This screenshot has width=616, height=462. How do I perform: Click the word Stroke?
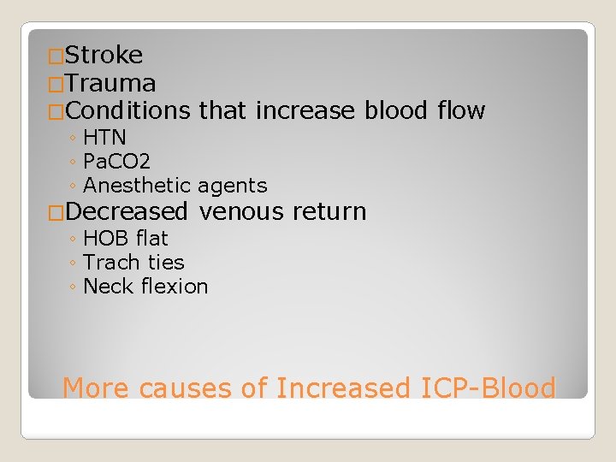pyautogui.click(x=104, y=56)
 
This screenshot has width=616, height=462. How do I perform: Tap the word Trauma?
pyautogui.click(x=110, y=84)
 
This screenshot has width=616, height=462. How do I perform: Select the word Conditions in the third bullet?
pyautogui.click(x=127, y=111)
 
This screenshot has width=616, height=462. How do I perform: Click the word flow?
pyautogui.click(x=461, y=111)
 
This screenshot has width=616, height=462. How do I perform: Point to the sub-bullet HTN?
pyautogui.click(x=104, y=137)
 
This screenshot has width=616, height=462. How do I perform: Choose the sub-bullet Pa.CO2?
pyautogui.click(x=117, y=161)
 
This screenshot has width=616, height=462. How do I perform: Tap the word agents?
pyautogui.click(x=233, y=185)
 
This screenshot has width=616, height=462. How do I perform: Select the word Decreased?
pyautogui.click(x=126, y=211)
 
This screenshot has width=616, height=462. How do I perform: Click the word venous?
pyautogui.click(x=241, y=211)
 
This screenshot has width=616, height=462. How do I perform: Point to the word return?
pyautogui.click(x=329, y=211)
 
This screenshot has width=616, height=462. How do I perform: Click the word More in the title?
pyautogui.click(x=96, y=388)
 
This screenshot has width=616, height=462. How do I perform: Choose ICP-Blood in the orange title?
pyautogui.click(x=488, y=388)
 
